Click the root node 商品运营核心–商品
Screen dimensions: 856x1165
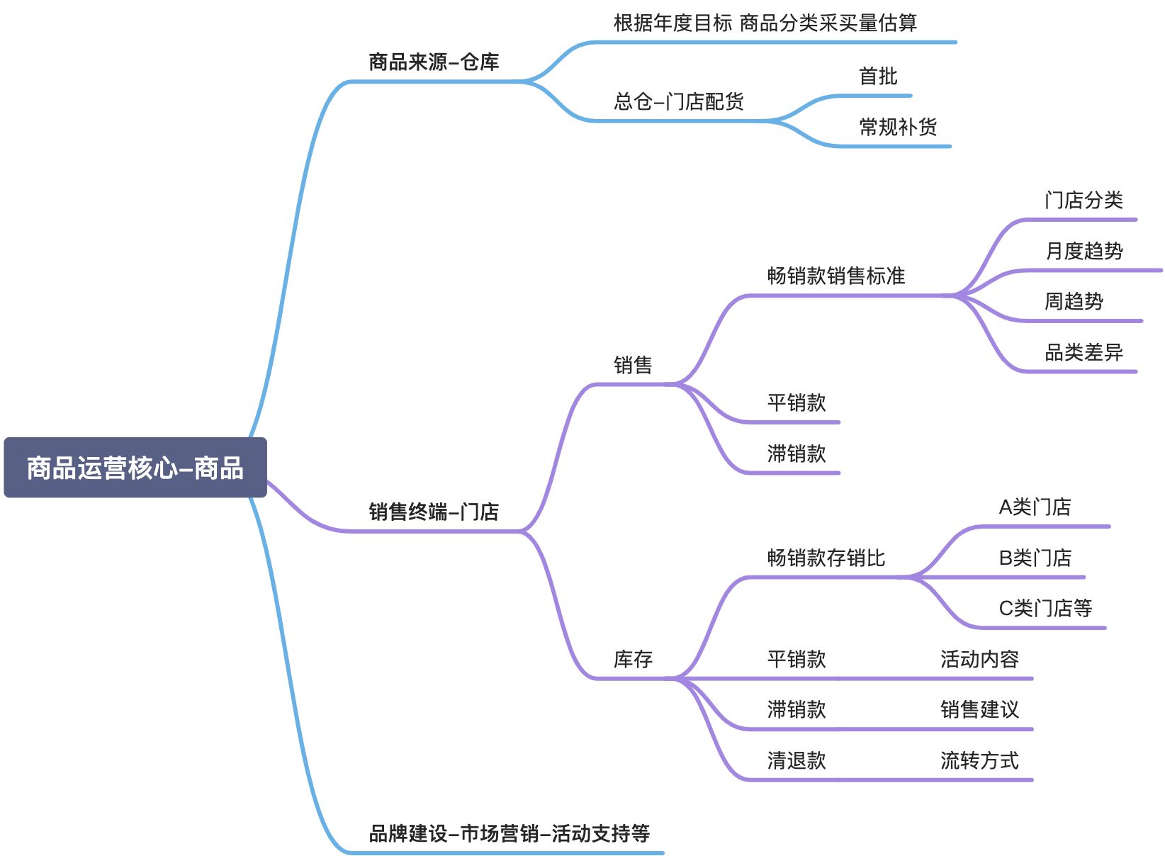point(135,468)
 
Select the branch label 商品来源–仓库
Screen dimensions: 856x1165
point(434,62)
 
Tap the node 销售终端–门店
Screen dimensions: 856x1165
point(434,512)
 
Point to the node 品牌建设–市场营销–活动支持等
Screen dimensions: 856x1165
point(509,833)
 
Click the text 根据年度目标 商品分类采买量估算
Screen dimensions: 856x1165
point(765,23)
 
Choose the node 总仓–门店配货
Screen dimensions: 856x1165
point(678,102)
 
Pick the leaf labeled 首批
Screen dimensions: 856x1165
point(878,77)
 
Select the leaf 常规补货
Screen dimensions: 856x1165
point(898,128)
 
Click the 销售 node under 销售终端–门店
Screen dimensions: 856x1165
point(633,366)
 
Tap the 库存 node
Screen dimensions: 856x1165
point(633,660)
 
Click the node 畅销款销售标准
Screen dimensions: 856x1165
point(836,276)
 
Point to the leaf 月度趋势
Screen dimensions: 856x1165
point(1084,251)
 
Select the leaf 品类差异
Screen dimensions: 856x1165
point(1084,352)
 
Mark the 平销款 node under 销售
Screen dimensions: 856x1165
point(797,403)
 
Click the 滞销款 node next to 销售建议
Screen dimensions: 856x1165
point(797,710)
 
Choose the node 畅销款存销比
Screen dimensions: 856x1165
point(826,558)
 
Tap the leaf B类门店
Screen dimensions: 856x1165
point(1035,558)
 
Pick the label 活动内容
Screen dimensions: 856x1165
point(979,660)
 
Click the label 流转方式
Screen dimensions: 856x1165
point(979,761)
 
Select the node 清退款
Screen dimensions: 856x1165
point(797,761)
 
